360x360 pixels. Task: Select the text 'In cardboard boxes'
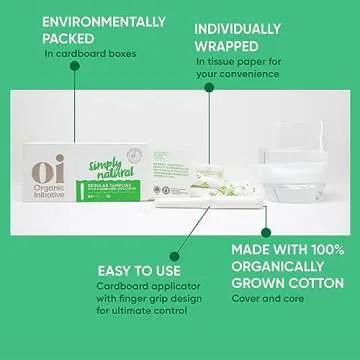point(84,54)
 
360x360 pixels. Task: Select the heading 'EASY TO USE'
point(140,270)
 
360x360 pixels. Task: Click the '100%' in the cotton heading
point(321,248)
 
